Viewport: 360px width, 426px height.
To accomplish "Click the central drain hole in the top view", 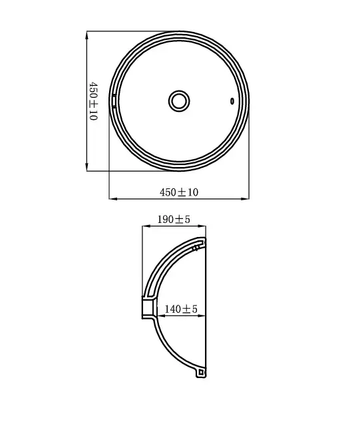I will (178, 101).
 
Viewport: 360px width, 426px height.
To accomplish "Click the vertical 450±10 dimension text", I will (93, 100).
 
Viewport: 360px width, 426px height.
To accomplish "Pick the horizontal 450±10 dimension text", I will (179, 192).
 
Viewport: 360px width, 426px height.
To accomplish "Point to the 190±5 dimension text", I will (174, 218).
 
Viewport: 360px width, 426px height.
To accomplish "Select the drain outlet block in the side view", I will (149, 308).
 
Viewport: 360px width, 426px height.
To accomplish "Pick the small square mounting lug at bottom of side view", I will (199, 373).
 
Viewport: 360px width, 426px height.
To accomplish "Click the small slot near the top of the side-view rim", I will (195, 248).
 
